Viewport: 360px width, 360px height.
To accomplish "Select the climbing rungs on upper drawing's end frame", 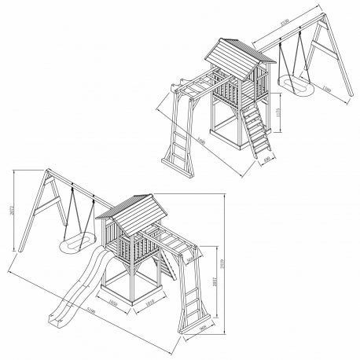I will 177,149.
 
